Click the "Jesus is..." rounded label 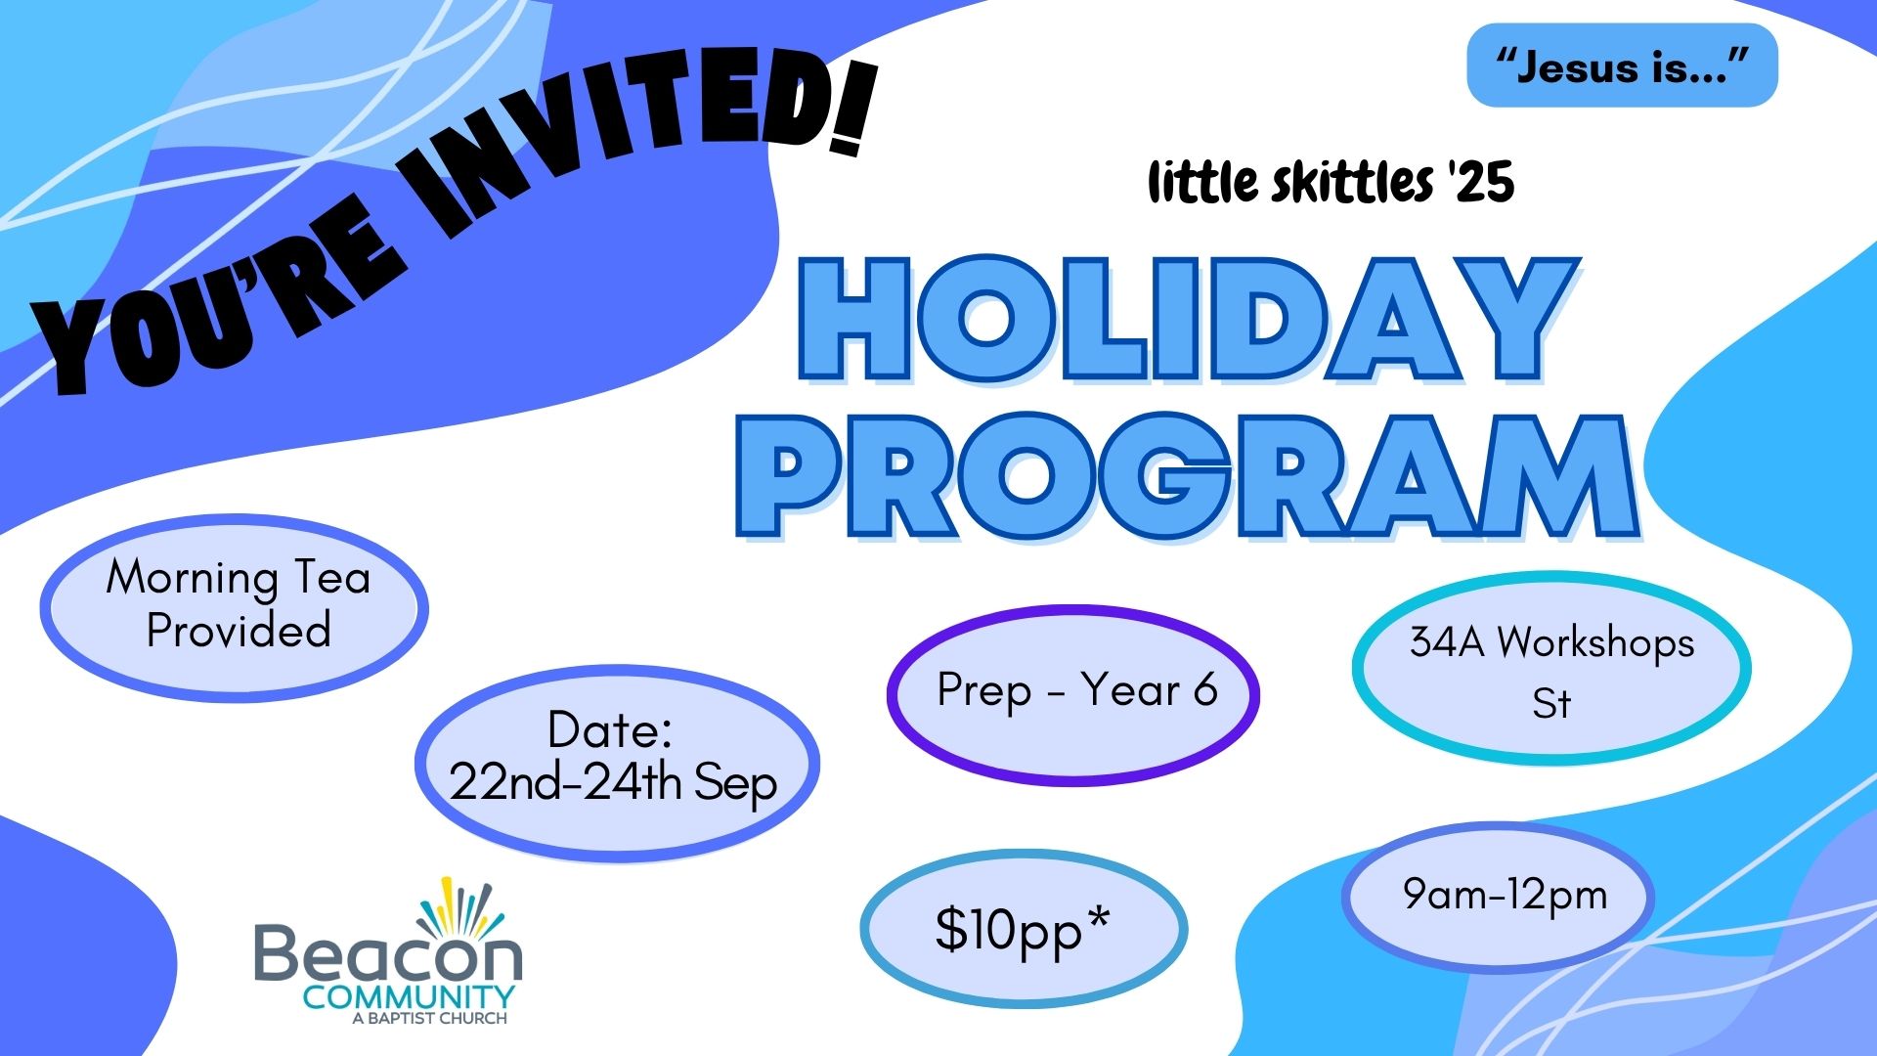click(1622, 66)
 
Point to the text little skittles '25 click(1331, 183)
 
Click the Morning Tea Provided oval click(235, 607)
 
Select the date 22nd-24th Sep click(613, 783)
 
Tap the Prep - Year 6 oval click(1072, 694)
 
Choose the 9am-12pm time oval click(1498, 897)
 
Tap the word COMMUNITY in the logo click(408, 997)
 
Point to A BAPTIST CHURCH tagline click(429, 1019)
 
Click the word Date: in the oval click(609, 730)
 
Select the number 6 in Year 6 click(1204, 690)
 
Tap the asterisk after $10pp click(1098, 918)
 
